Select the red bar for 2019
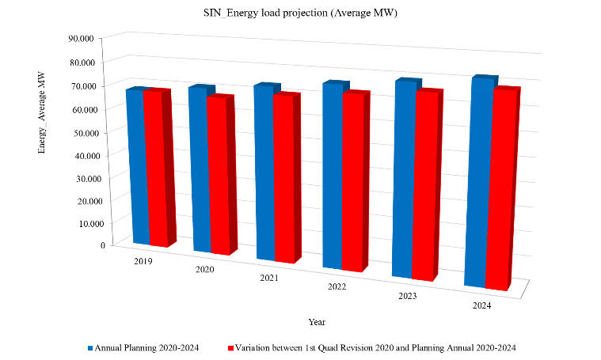(155, 168)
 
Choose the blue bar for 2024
(477, 182)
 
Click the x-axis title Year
(317, 322)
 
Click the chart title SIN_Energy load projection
(299, 14)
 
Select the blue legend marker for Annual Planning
(90, 348)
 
